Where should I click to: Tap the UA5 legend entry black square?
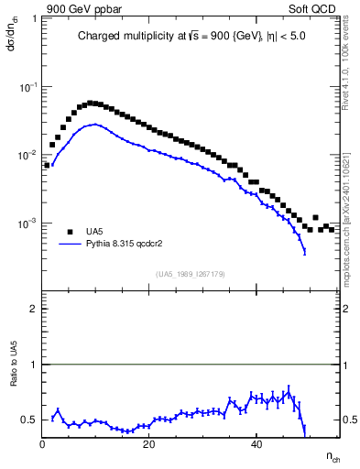(x=70, y=232)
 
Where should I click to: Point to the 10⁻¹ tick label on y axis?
(x=29, y=86)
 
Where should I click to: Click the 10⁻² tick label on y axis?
(x=29, y=155)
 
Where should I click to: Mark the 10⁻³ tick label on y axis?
(x=29, y=224)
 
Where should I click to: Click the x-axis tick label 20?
(x=150, y=445)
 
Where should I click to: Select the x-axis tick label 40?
(x=256, y=445)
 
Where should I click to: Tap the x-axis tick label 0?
(x=43, y=445)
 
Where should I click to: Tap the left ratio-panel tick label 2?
(x=34, y=309)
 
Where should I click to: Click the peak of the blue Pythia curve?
(x=94, y=125)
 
